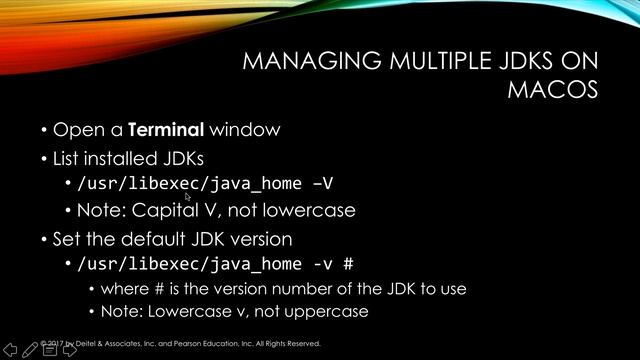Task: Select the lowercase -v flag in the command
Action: point(321,264)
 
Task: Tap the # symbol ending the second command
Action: point(349,264)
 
